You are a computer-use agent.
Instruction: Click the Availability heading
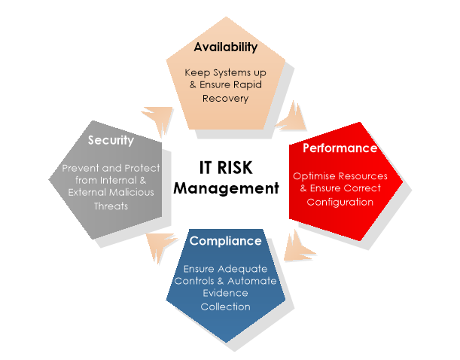(x=225, y=47)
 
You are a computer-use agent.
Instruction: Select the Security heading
(x=111, y=140)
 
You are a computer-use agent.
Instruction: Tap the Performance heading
(x=340, y=148)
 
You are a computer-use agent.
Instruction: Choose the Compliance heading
(x=225, y=241)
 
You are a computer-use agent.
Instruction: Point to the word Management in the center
(x=226, y=188)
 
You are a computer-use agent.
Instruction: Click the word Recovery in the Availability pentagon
(x=226, y=99)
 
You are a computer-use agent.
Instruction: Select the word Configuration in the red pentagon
(x=340, y=202)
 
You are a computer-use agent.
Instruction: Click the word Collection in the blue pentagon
(x=225, y=307)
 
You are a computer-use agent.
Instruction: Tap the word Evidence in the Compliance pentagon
(x=225, y=294)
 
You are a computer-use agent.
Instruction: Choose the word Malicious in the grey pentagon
(x=130, y=193)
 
